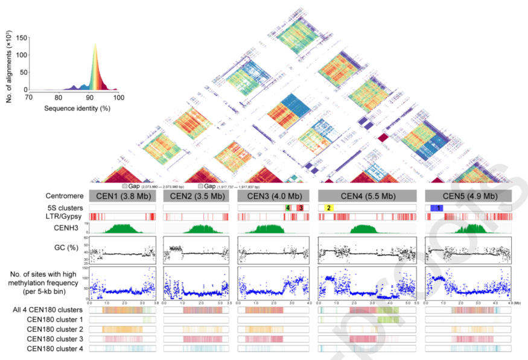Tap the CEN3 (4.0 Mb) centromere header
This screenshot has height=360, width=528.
[x=274, y=196]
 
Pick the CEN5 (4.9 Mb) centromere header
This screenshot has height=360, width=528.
[x=468, y=196]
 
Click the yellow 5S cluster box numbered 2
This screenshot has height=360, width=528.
[x=329, y=207]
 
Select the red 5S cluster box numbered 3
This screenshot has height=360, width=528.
[x=300, y=207]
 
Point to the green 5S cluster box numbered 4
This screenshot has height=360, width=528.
[x=288, y=207]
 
